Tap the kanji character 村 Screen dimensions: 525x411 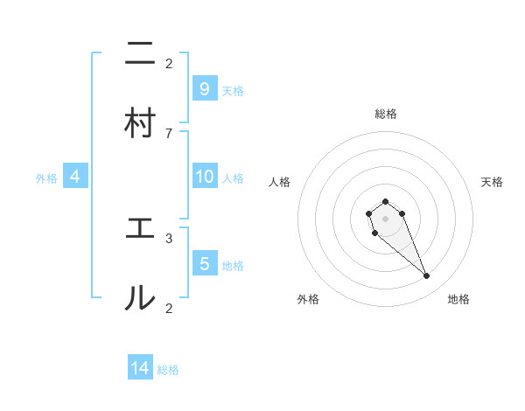(x=140, y=123)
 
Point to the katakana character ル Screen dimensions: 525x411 (x=140, y=298)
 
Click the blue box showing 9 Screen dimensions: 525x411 (x=204, y=88)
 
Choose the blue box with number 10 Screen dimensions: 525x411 (x=204, y=177)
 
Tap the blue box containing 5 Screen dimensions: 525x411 (x=204, y=263)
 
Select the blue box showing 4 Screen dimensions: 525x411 (x=75, y=177)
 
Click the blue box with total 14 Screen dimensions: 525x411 (x=140, y=368)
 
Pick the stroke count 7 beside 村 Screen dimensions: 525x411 (x=169, y=132)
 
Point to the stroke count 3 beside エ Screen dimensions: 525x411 (x=169, y=237)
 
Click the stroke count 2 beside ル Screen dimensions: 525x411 (x=169, y=307)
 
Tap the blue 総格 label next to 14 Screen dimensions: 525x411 (x=168, y=370)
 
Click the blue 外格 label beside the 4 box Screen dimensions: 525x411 (x=46, y=178)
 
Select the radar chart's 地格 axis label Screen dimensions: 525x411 (x=458, y=299)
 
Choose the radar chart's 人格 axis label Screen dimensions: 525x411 (x=280, y=182)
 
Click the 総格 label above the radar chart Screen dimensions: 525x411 (x=386, y=114)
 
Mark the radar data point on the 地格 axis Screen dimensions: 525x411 (x=427, y=276)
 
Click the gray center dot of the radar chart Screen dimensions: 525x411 (x=385, y=218)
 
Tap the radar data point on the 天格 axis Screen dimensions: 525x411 (x=402, y=212)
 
